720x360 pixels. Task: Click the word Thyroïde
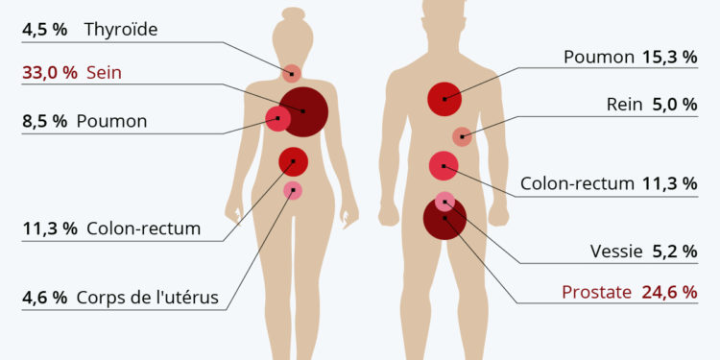[x=121, y=29]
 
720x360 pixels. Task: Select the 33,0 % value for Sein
[x=45, y=74]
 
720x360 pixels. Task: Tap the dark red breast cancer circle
[x=303, y=112]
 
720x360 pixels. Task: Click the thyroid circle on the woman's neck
[x=292, y=73]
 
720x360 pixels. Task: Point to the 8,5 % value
[x=45, y=122]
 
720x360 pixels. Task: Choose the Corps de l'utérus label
[x=153, y=298]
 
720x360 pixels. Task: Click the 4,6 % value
[x=45, y=298]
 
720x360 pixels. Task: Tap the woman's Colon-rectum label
[x=143, y=228]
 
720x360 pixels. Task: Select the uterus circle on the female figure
[x=293, y=190]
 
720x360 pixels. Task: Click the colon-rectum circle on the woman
[x=293, y=161]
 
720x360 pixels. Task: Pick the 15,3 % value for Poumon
[x=670, y=58]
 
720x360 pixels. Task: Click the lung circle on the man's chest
[x=444, y=98]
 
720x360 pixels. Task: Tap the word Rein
[x=624, y=105]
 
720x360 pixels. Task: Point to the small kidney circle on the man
[x=462, y=136]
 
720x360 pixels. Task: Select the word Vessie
[x=615, y=252]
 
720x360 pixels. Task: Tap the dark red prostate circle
[x=444, y=219]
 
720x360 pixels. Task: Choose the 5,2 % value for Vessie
[x=674, y=252]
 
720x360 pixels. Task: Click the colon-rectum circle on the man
[x=444, y=166]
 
